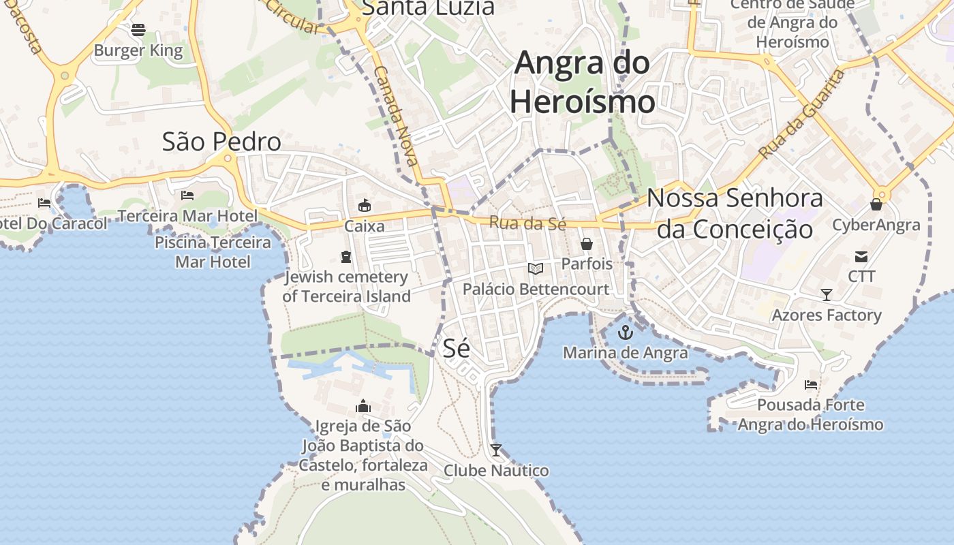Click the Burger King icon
138,29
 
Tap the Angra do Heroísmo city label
583,82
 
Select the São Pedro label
221,142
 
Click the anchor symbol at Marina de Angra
625,332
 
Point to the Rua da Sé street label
527,223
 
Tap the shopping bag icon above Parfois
586,243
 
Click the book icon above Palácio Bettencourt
536,269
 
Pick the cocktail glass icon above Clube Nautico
496,450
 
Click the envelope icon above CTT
861,257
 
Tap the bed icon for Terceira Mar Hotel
187,196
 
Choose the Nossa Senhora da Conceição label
735,213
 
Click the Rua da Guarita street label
802,114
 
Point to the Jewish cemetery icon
345,257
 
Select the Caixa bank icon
365,205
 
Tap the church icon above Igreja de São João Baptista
363,406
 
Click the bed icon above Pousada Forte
811,385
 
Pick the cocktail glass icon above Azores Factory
827,295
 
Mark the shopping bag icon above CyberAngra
876,204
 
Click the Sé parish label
457,348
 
